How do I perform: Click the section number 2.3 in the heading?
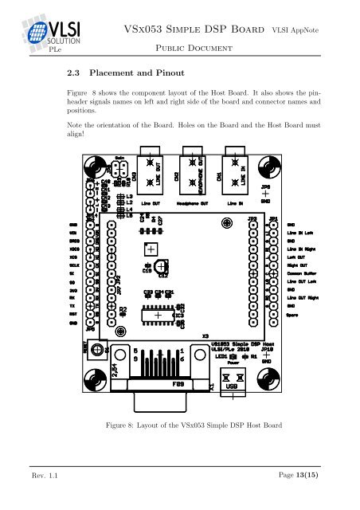tap(76, 71)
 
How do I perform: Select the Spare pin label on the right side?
tap(293, 314)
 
